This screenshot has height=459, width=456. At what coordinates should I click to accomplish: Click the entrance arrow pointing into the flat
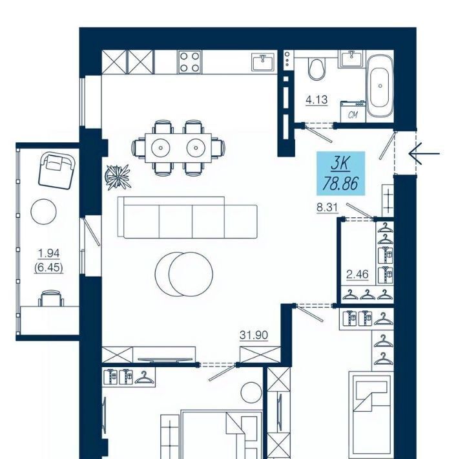tap(424, 153)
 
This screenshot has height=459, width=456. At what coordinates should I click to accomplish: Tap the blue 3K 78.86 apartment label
tap(341, 173)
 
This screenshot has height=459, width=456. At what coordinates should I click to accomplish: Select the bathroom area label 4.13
tap(316, 100)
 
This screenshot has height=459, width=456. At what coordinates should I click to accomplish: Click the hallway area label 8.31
tap(327, 208)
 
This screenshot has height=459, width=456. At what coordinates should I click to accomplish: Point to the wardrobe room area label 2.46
tap(357, 275)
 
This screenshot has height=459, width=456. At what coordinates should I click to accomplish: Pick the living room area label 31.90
tap(254, 335)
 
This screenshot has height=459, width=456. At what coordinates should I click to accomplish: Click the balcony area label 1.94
tap(49, 253)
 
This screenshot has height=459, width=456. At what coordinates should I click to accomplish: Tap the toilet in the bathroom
tap(316, 70)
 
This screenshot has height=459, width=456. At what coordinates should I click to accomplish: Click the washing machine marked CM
tap(353, 112)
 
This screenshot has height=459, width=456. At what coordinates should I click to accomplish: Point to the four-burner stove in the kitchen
tap(189, 62)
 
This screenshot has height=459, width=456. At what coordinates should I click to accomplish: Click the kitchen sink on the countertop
tap(264, 62)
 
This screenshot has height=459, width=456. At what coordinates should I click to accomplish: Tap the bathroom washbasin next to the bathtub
tap(351, 59)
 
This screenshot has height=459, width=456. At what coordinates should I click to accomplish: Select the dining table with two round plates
tap(178, 147)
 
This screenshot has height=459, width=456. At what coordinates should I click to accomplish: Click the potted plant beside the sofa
tap(118, 177)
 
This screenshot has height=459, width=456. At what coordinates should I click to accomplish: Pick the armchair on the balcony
tap(56, 171)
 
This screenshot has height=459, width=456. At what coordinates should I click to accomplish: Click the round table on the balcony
tap(43, 211)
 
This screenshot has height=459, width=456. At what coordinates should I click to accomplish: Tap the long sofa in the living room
tap(187, 218)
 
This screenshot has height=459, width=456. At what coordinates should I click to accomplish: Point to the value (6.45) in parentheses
tap(48, 268)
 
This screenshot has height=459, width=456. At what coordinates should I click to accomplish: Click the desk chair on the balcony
tap(51, 298)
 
